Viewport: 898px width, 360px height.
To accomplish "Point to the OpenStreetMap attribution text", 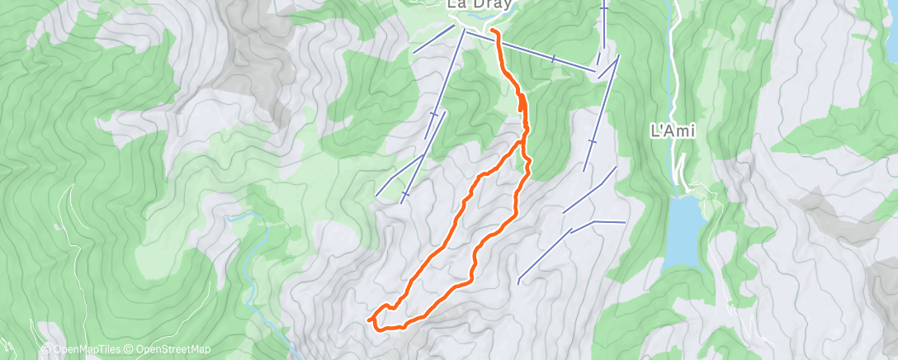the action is pyautogui.click(x=173, y=349).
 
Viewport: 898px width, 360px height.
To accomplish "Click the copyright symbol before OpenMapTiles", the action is pyautogui.click(x=46, y=349).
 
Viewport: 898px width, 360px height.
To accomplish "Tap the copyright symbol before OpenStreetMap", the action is pyautogui.click(x=130, y=349).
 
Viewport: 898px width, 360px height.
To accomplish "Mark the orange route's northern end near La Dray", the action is pyautogui.click(x=493, y=31).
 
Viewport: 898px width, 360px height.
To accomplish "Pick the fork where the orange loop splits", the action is pyautogui.click(x=522, y=143).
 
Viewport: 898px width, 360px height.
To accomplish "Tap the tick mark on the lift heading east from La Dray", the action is pyautogui.click(x=552, y=59).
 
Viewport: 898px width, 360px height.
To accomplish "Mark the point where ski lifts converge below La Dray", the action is pyautogui.click(x=463, y=31).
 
